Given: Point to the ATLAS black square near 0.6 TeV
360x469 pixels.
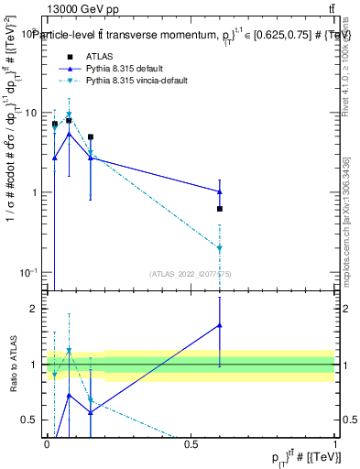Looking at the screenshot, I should click(220, 209).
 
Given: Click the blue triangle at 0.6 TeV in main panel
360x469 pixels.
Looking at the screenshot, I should click(220, 191).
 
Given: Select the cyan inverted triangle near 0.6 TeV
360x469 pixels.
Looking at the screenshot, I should click(220, 248).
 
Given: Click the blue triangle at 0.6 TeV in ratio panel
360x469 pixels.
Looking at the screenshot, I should click(220, 325).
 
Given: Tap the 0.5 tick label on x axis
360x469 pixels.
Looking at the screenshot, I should click(191, 444).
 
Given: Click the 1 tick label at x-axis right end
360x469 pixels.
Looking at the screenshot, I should click(335, 444).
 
